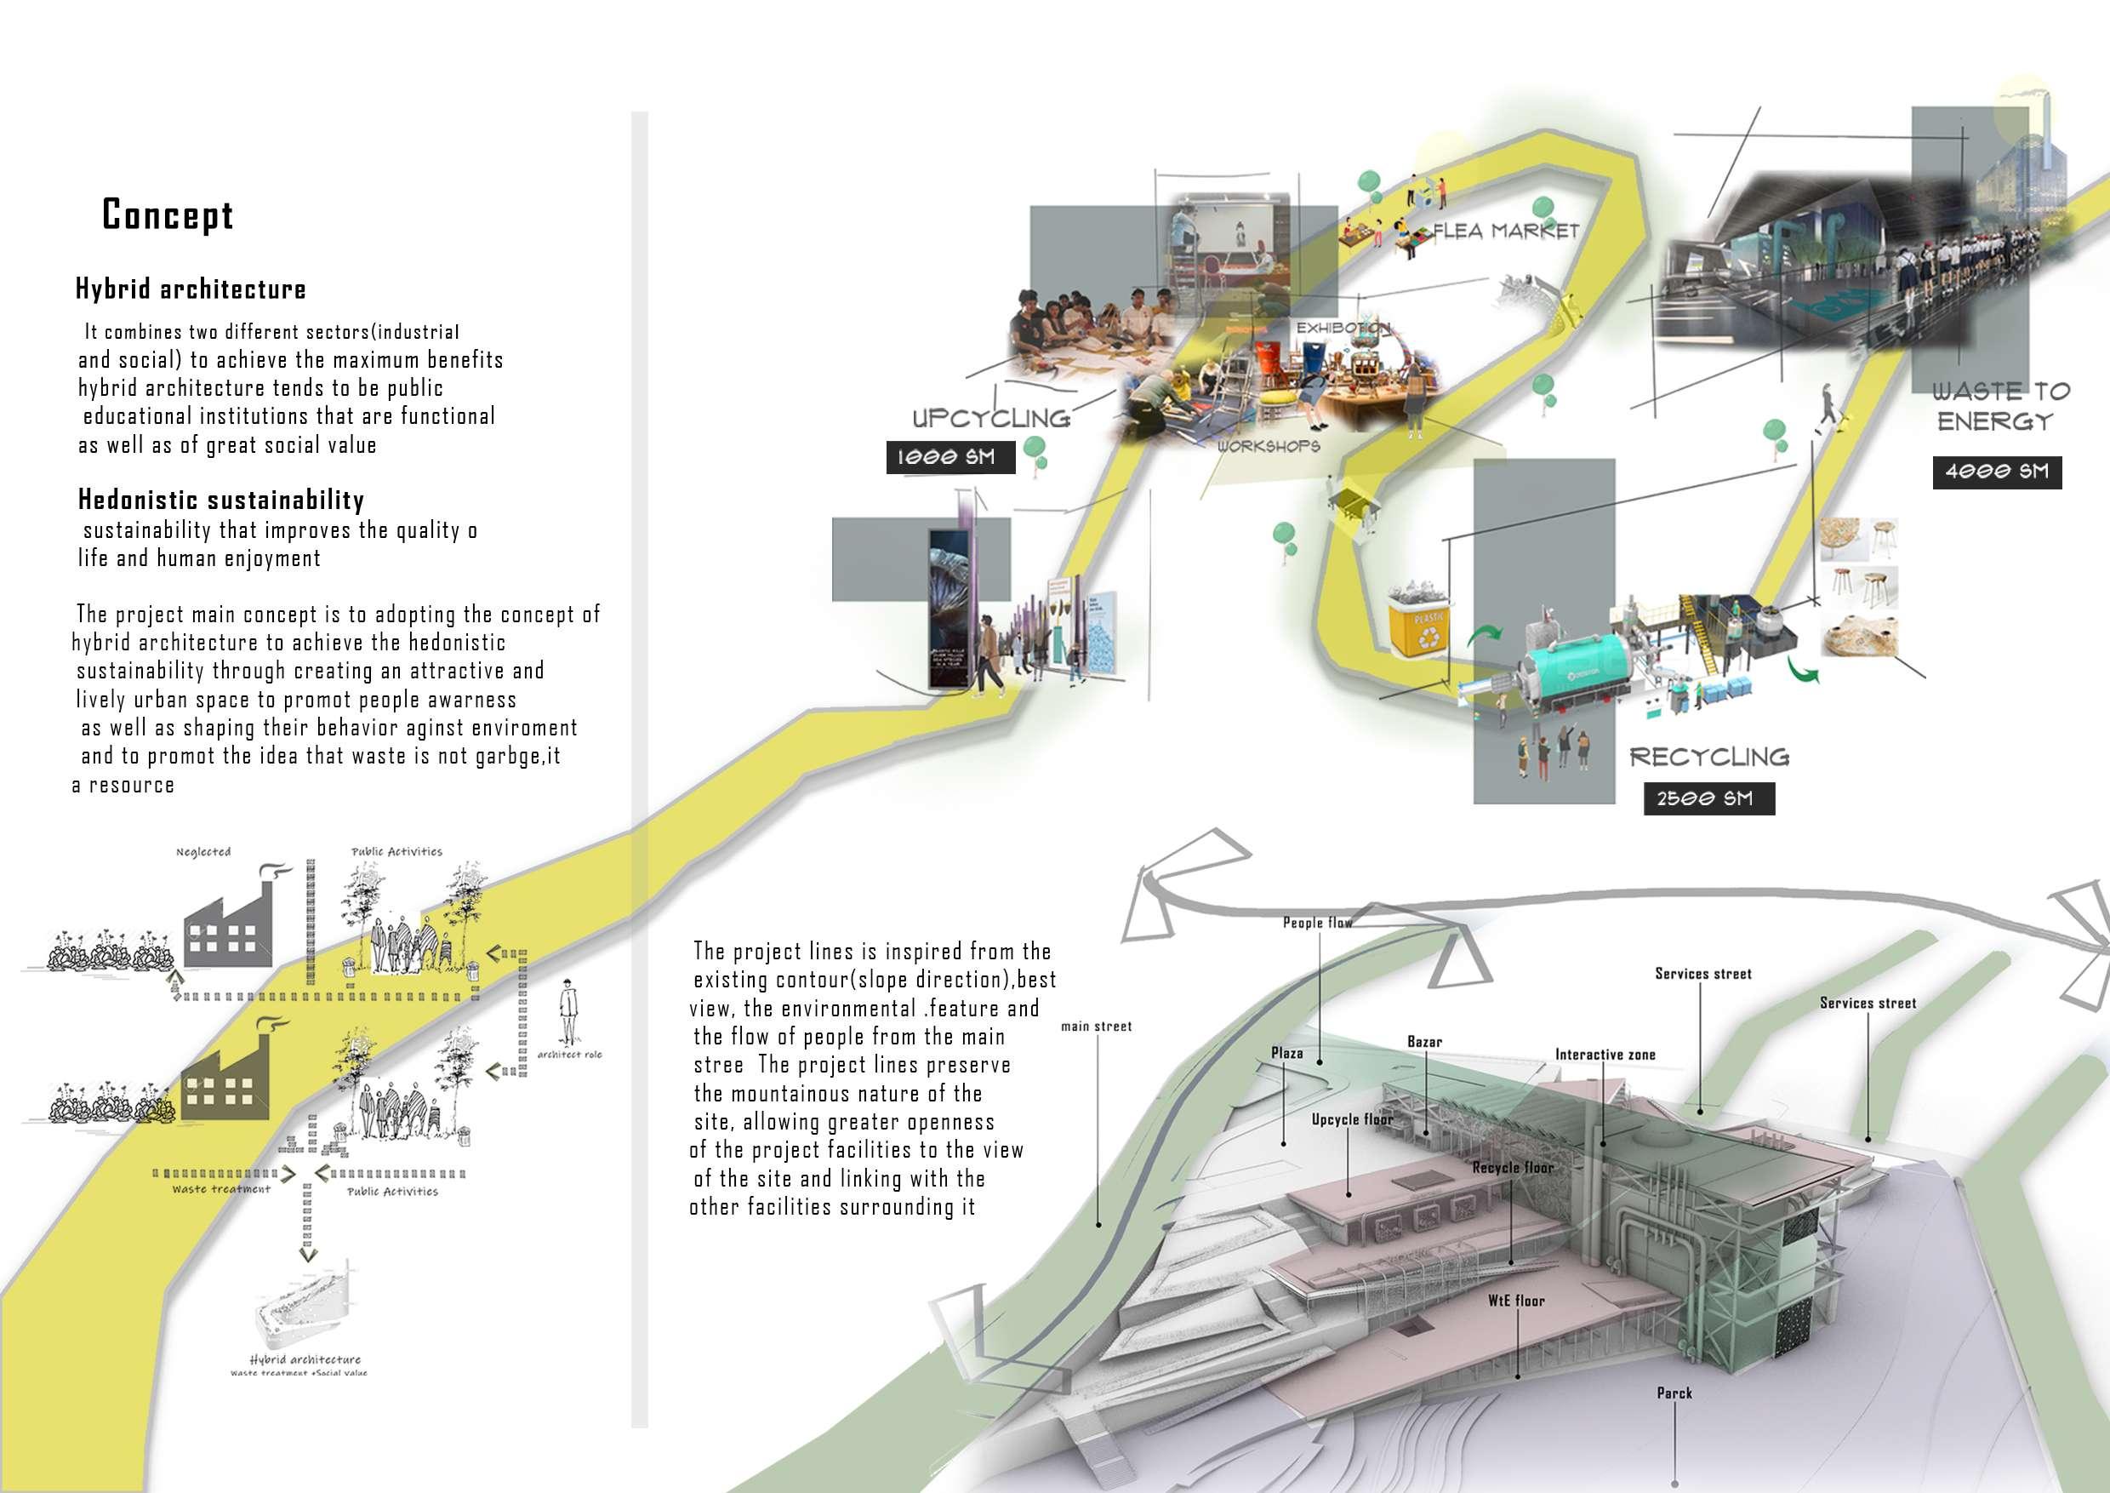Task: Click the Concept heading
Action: pyautogui.click(x=168, y=215)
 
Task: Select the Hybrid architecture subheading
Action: pyautogui.click(x=191, y=289)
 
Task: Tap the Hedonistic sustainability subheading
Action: pyautogui.click(x=220, y=501)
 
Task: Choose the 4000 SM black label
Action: pyautogui.click(x=1996, y=472)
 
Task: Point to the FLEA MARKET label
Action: pyautogui.click(x=1506, y=230)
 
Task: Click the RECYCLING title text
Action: pyautogui.click(x=1709, y=757)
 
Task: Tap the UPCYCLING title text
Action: pyautogui.click(x=991, y=418)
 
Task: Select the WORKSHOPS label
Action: pyautogui.click(x=1269, y=446)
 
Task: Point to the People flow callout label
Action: pyautogui.click(x=1317, y=922)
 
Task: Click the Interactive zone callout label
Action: pyautogui.click(x=1605, y=1055)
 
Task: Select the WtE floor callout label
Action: pyautogui.click(x=1516, y=1301)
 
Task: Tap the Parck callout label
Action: pyautogui.click(x=1674, y=1393)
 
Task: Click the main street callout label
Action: pyautogui.click(x=1097, y=1026)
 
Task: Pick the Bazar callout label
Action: pyautogui.click(x=1424, y=1042)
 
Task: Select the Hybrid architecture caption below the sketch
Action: pyautogui.click(x=305, y=1359)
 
